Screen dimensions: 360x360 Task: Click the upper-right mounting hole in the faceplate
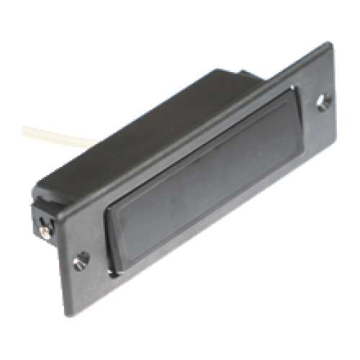pyautogui.click(x=322, y=103)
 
